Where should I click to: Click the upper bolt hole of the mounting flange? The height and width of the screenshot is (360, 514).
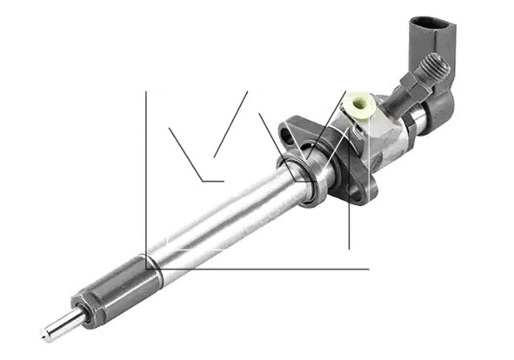click(287, 136)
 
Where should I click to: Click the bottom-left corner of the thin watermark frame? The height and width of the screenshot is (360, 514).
click(146, 268)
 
